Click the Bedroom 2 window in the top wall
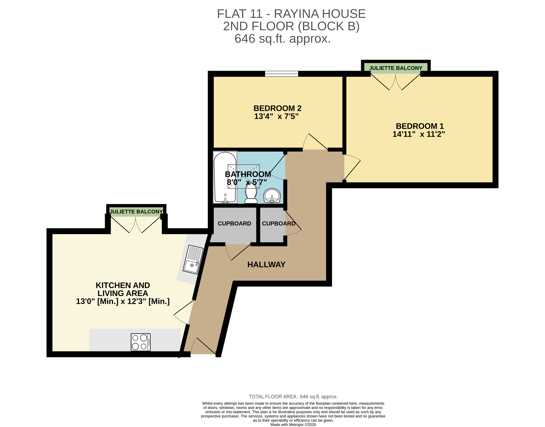click(282, 74)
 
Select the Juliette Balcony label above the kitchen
click(136, 212)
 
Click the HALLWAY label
click(266, 264)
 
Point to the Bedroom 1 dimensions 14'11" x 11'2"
click(419, 134)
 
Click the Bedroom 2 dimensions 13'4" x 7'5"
click(276, 116)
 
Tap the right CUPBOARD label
click(278, 224)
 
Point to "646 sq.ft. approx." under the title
click(283, 39)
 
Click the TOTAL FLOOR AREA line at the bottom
click(293, 396)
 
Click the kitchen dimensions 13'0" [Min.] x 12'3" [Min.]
click(123, 301)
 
